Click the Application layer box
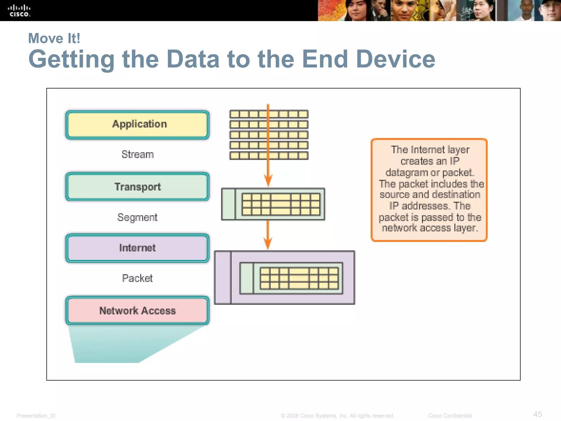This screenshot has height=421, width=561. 137,125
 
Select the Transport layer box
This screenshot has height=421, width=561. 137,187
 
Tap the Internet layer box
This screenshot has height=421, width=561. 137,248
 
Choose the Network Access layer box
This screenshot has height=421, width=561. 137,311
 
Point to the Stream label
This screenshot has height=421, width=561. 138,155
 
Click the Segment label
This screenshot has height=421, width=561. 137,217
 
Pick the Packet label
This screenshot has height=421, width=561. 137,278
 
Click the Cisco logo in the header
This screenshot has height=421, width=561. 19,11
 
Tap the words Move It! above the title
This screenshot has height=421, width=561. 54,38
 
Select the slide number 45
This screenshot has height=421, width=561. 537,414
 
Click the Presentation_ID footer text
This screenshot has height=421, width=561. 36,416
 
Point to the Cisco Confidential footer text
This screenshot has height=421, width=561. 450,416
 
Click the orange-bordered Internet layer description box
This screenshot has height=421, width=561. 429,190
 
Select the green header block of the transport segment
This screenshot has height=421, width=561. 228,204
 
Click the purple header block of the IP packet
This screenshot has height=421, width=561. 223,278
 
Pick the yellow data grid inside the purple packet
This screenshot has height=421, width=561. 299,278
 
